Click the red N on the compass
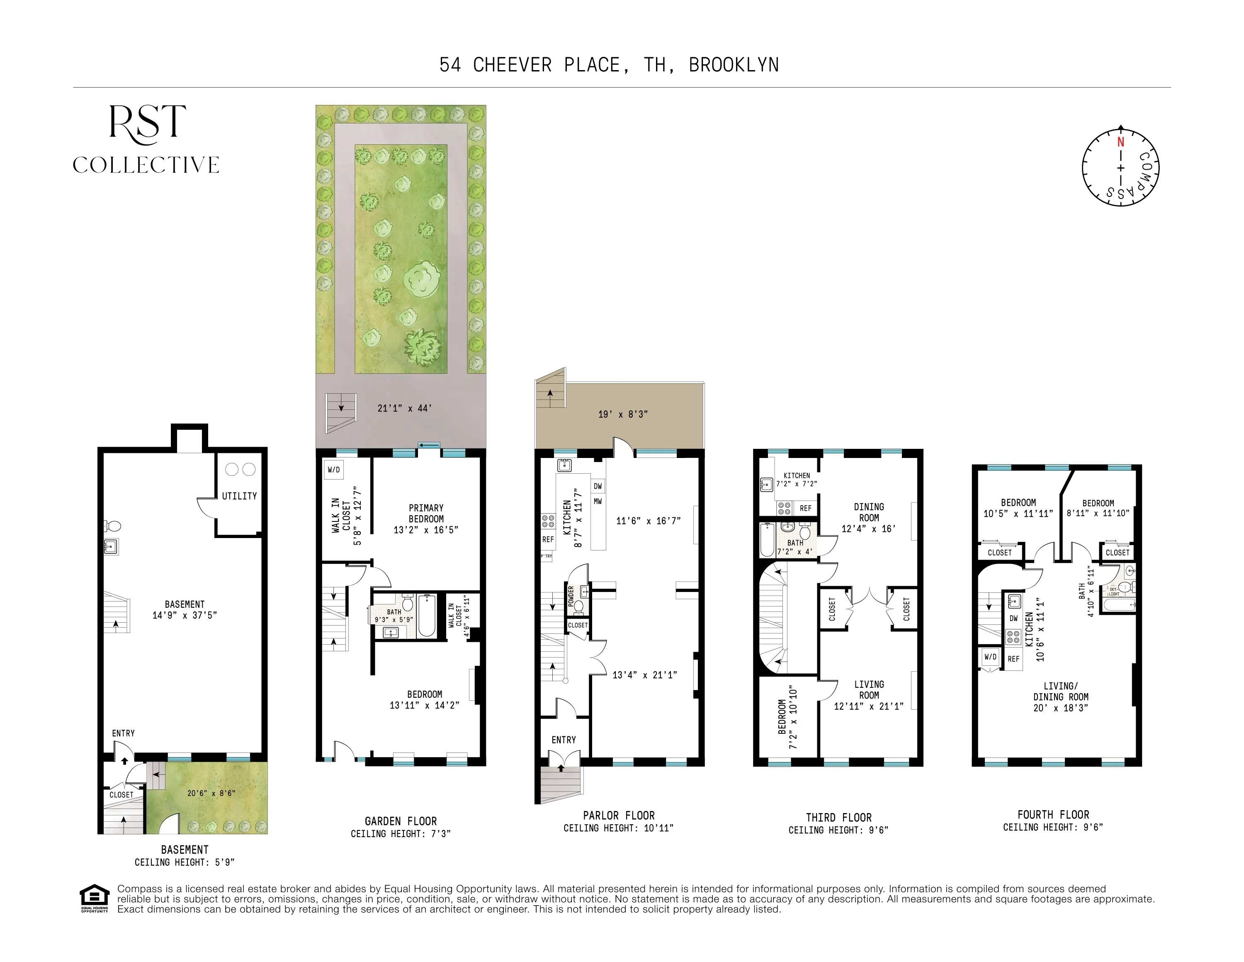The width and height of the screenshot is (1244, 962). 1120,142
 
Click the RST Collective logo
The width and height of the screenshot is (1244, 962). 146,139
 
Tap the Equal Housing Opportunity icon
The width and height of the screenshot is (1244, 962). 94,898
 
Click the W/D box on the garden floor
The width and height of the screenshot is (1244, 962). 334,470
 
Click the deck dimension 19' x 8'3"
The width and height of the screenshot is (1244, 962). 622,414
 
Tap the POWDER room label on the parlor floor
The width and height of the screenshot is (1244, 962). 571,596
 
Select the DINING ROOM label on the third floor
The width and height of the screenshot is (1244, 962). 869,512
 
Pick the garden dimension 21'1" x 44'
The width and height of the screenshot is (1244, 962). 404,408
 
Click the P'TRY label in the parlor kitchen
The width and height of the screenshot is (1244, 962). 546,555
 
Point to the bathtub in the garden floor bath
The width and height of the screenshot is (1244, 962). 427,616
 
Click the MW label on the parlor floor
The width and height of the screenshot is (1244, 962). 598,502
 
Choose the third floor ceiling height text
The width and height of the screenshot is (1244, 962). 838,830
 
